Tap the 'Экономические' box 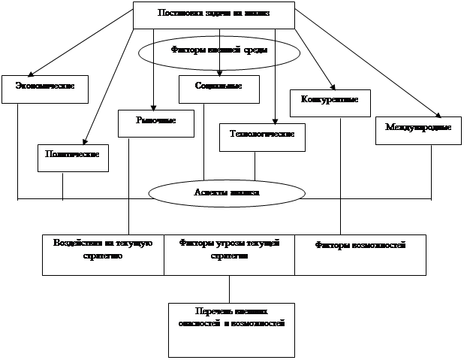pyautogui.click(x=44, y=87)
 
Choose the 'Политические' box pyautogui.click(x=73, y=157)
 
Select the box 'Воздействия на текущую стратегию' pyautogui.click(x=104, y=254)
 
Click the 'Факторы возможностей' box pyautogui.click(x=360, y=254)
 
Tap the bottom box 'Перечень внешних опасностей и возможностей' pyautogui.click(x=231, y=329)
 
